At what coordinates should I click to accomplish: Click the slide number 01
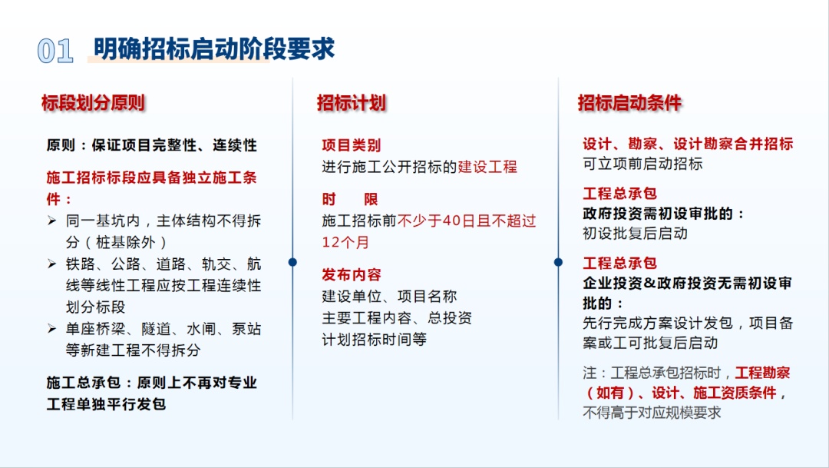coord(55,51)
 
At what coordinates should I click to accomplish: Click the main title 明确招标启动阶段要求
coord(214,48)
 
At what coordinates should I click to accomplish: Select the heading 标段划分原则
coord(93,103)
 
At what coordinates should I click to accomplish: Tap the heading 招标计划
coord(351,103)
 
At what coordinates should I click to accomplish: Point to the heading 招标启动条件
coord(629,103)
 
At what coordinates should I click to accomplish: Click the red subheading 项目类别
coord(351,145)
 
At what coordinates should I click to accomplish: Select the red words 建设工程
coord(487,167)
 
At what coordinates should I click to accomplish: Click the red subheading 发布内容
coord(351,275)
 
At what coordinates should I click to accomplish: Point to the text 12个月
coord(345,243)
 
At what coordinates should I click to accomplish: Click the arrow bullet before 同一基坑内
coord(52,221)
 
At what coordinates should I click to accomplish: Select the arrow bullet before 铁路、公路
coord(52,264)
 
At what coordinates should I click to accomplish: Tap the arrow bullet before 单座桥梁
coord(52,329)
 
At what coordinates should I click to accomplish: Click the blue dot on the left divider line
coord(292,262)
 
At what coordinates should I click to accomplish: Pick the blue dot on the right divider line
coord(558,262)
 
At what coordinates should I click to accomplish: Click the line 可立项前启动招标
coord(642,164)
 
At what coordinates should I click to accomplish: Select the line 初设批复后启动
coord(635,234)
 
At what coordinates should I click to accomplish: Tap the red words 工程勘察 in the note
coord(762,373)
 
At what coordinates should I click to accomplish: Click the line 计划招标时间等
coord(375,340)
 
